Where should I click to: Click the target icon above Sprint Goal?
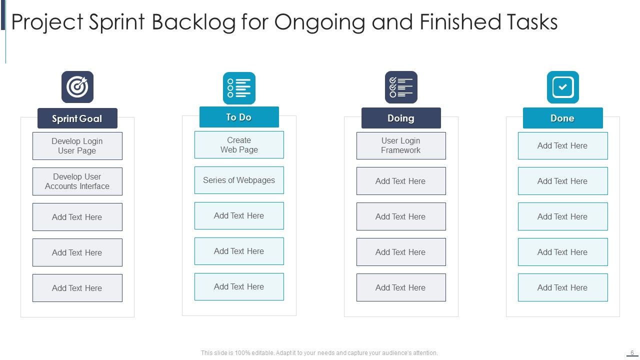point(77,87)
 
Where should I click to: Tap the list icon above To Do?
point(239,88)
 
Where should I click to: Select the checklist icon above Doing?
point(401,87)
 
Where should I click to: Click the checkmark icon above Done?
point(562,87)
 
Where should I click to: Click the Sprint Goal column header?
point(77,118)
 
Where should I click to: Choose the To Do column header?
point(239,117)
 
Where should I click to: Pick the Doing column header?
point(401,118)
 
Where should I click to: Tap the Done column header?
point(562,118)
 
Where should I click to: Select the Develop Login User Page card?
point(77,146)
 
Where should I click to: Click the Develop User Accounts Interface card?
point(77,181)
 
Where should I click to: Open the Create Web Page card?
point(239,145)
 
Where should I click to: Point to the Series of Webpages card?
point(239,180)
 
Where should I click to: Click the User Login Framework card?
point(401,145)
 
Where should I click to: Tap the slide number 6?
point(632,352)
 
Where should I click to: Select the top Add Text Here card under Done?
point(562,146)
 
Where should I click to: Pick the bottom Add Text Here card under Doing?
point(401,287)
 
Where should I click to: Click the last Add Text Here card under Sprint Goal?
point(77,288)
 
